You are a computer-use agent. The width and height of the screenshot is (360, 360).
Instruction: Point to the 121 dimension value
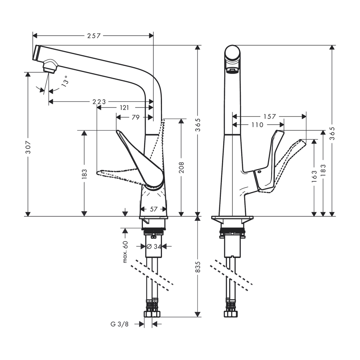124,108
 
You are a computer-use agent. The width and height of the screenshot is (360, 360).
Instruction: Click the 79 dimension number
136,117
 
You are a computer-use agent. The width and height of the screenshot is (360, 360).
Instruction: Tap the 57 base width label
153,209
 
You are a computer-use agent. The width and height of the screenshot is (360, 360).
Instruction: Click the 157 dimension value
269,116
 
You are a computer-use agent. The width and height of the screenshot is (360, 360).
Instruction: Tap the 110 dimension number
258,125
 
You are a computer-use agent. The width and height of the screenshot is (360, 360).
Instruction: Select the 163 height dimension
314,174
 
